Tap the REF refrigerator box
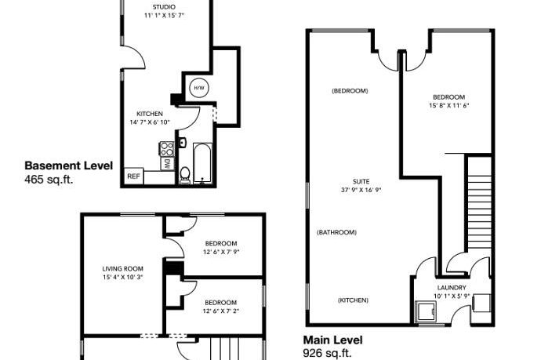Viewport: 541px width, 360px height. (x=133, y=176)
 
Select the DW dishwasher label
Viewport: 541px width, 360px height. (x=168, y=164)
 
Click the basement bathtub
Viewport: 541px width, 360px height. (x=202, y=162)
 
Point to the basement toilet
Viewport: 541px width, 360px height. (x=185, y=175)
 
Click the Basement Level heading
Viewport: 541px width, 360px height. (x=69, y=165)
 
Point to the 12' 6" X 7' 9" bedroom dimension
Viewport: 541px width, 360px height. (x=220, y=253)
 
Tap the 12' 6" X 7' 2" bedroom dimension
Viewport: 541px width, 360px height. (x=220, y=311)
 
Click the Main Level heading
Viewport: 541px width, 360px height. (x=333, y=341)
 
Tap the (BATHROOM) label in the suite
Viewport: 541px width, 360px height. (x=337, y=232)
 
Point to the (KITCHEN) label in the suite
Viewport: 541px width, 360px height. (x=353, y=300)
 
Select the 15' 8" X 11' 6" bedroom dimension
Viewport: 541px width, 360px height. (x=449, y=105)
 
